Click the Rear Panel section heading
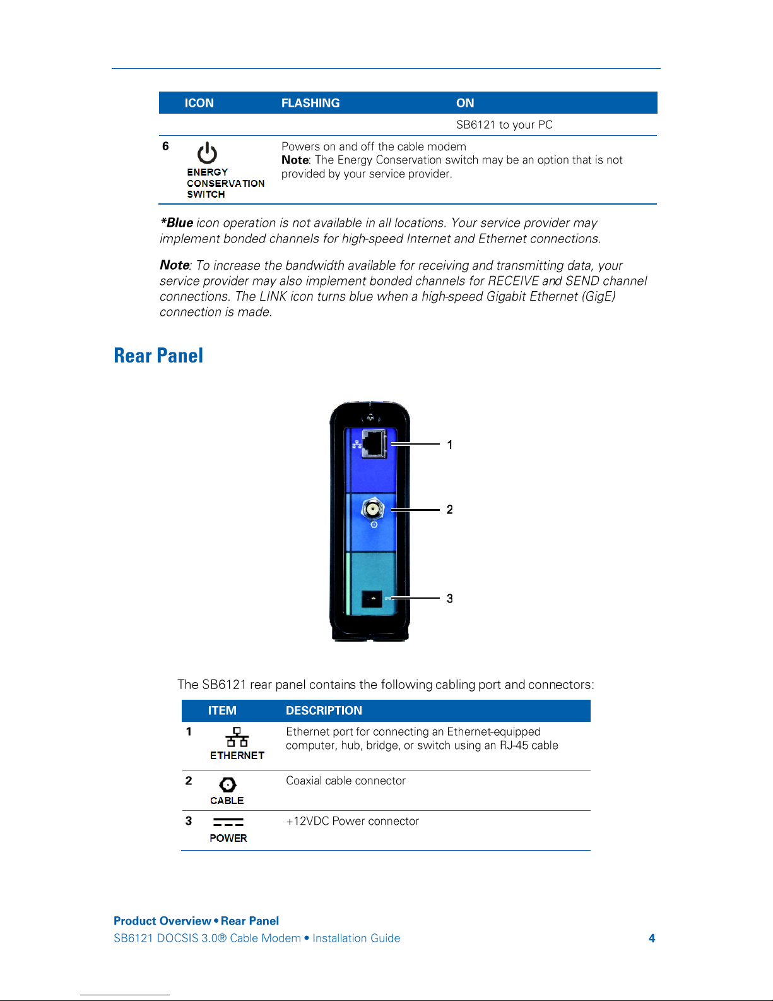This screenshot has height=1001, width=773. tap(158, 355)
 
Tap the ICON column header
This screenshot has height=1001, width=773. tap(199, 103)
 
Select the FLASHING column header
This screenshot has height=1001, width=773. tap(310, 103)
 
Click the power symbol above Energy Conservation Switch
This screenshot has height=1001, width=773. tap(207, 152)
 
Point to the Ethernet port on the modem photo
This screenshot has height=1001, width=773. tap(374, 443)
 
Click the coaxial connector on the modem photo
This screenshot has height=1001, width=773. tap(373, 510)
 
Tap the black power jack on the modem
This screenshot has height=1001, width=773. tap(372, 599)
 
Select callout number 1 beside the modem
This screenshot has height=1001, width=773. tap(449, 445)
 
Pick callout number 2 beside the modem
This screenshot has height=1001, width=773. tap(449, 510)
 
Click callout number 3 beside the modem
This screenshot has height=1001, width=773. tap(449, 598)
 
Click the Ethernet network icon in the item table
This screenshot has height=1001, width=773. tap(237, 736)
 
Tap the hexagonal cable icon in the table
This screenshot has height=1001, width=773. tap(228, 784)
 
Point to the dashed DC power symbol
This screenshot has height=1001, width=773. tap(228, 822)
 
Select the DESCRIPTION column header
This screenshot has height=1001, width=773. tap(324, 710)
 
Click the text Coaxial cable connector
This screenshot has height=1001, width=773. tap(346, 781)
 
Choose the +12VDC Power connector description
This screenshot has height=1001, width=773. tap(353, 821)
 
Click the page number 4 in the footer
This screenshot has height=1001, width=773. tap(652, 938)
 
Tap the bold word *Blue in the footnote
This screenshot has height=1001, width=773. tap(177, 222)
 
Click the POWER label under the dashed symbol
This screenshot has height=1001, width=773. tap(228, 838)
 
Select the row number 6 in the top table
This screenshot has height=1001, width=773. tap(165, 146)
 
